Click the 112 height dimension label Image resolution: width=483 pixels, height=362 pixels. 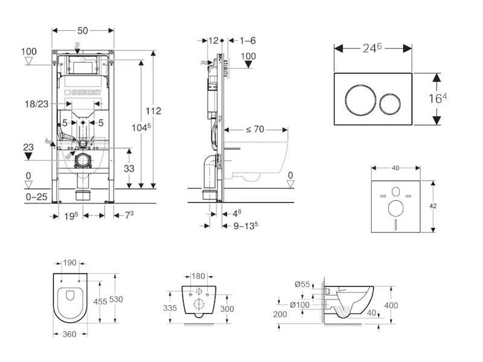(155, 110)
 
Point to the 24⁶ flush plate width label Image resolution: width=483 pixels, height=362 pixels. (373, 48)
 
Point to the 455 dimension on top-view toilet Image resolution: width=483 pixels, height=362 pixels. (100, 301)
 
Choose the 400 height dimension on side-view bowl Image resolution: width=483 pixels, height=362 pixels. (391, 306)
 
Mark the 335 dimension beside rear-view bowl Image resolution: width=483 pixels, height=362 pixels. (170, 308)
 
